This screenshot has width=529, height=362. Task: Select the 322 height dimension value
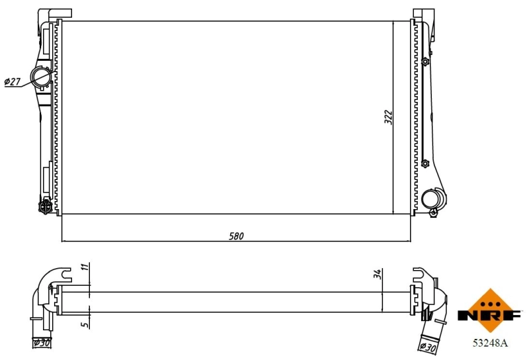(x=389, y=116)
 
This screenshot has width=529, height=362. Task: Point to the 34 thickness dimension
(x=377, y=274)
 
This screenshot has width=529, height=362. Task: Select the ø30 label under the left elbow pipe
(x=42, y=342)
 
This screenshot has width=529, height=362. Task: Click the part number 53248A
(x=489, y=343)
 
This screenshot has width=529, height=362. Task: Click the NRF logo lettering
(x=489, y=316)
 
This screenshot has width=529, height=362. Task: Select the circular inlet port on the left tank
(x=42, y=77)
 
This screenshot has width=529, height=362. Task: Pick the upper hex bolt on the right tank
(x=425, y=62)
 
